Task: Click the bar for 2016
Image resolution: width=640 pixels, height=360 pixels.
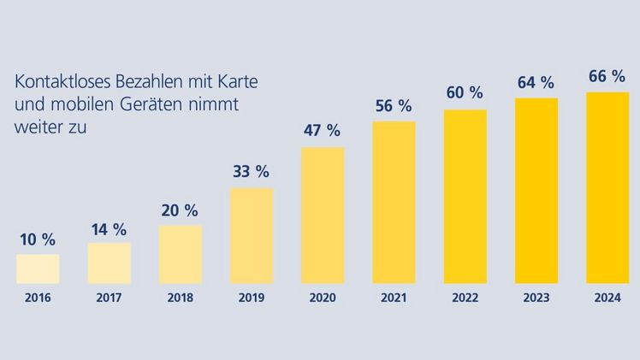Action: (38, 269)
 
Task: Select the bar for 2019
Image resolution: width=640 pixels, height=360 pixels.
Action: (252, 235)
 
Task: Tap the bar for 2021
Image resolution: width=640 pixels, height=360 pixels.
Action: (394, 202)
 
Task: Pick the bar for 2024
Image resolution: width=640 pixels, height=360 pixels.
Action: (607, 187)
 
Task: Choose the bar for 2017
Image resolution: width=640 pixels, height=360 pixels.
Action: (110, 263)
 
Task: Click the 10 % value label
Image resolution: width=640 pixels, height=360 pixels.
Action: (38, 239)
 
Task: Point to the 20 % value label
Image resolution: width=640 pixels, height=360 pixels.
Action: (180, 210)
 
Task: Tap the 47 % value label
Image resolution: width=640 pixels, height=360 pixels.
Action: (323, 131)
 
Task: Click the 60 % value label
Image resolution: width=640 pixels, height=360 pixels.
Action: (465, 93)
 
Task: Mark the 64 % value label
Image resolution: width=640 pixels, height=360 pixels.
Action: (536, 83)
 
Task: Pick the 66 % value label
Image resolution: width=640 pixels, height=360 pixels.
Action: (607, 77)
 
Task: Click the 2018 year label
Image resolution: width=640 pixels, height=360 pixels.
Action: (181, 299)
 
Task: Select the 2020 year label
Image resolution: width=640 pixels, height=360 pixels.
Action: (323, 299)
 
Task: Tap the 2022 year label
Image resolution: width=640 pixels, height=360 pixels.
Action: (465, 299)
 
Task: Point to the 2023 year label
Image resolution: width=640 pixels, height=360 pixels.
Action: (536, 299)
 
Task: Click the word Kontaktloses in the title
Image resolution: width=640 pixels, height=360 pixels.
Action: (56, 83)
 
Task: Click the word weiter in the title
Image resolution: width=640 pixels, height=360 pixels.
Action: (35, 127)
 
